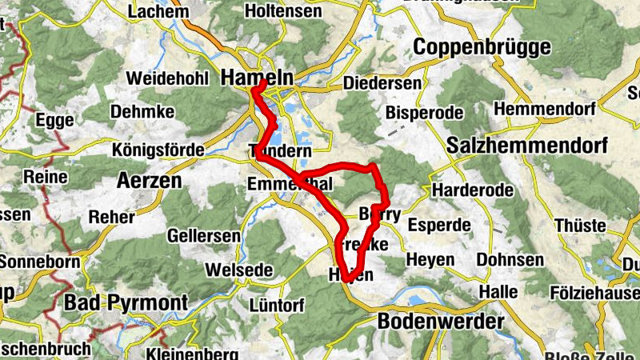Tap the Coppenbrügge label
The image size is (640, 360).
tap(482, 46)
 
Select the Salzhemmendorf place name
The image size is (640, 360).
tap(527, 146)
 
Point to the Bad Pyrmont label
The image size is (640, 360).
tap(125, 303)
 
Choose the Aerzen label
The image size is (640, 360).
tap(150, 180)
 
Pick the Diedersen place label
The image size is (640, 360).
tap(382, 83)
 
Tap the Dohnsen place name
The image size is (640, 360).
tap(510, 260)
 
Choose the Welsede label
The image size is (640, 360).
tap(238, 270)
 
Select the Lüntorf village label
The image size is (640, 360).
tap(276, 306)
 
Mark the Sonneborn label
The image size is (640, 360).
tap(35, 261)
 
